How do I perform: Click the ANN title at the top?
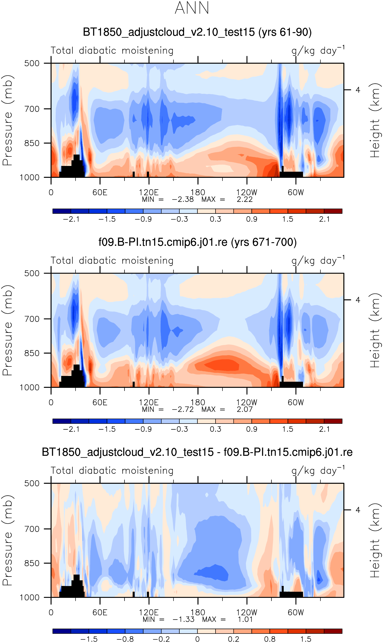(192, 8)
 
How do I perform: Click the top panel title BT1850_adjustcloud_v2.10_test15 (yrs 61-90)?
(197, 32)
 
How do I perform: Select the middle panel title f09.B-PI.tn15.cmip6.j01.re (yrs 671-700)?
(197, 242)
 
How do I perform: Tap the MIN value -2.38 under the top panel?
(183, 199)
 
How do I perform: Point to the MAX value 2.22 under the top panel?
(244, 199)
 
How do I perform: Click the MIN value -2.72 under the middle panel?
(183, 409)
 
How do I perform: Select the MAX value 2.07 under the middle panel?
(244, 409)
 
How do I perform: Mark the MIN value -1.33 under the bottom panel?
(183, 619)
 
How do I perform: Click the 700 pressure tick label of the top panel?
(32, 109)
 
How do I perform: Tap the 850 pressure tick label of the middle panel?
(32, 353)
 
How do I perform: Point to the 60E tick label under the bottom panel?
(100, 613)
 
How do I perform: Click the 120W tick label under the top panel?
(247, 192)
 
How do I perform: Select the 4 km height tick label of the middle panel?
(358, 300)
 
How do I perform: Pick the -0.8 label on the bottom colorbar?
(125, 639)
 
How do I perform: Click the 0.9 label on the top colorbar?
(252, 219)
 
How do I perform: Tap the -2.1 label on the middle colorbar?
(71, 429)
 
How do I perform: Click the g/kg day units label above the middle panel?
(318, 261)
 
